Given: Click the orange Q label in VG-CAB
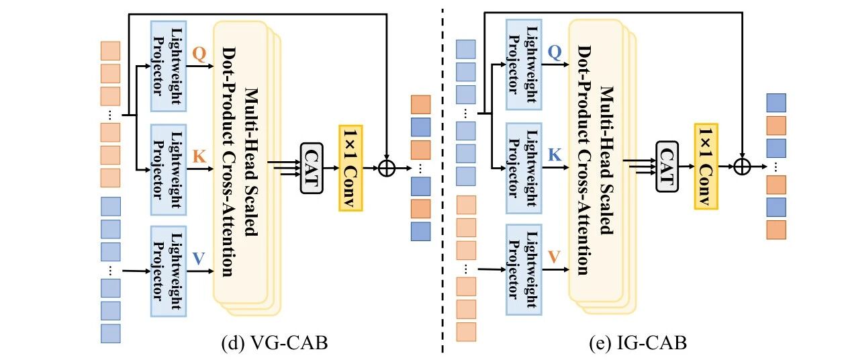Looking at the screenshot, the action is (x=199, y=54).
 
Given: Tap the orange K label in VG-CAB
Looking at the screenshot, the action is (x=199, y=156).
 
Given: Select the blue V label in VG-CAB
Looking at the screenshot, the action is (x=199, y=259).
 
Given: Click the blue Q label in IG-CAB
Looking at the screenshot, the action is (x=555, y=52).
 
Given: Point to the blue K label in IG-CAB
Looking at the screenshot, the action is (x=555, y=154).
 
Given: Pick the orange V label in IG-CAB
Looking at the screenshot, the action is (x=554, y=257).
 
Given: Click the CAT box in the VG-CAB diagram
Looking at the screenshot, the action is (x=312, y=168).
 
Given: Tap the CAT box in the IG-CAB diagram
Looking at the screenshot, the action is (x=667, y=167).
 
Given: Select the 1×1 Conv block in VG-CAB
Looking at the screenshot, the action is (x=350, y=168).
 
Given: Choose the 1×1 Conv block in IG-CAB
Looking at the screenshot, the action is (x=706, y=167).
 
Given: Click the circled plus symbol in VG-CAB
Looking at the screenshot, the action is (x=387, y=168).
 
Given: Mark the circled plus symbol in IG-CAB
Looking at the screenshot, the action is (x=742, y=167).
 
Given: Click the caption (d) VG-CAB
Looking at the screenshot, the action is (x=275, y=343).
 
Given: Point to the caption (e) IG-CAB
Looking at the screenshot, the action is (x=638, y=343).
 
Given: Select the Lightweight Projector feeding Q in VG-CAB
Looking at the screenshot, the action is (x=169, y=66).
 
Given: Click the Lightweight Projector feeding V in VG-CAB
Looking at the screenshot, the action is (x=169, y=271).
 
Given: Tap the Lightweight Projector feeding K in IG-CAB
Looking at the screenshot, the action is (x=524, y=168).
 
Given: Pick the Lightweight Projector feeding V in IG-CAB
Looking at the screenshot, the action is (x=524, y=270).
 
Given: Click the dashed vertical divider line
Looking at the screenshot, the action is (x=442, y=180).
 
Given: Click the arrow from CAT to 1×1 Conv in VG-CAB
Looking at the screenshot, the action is (x=331, y=168).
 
